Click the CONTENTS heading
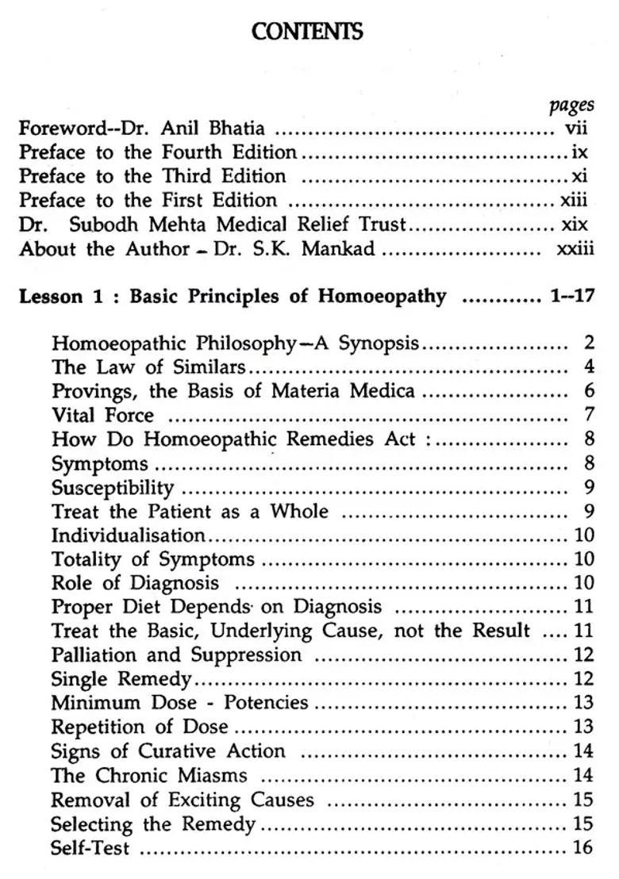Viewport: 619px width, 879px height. coord(308,32)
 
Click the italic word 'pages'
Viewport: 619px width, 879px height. coord(571,106)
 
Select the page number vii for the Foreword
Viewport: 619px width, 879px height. coord(575,128)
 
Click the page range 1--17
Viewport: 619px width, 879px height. coord(571,296)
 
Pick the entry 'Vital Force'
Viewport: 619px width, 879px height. coord(102,415)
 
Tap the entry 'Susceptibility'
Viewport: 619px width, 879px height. coord(112,486)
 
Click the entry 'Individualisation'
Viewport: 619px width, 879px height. coord(128,535)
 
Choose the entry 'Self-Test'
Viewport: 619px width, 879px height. coord(90,847)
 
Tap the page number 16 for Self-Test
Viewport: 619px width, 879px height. coord(582,847)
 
